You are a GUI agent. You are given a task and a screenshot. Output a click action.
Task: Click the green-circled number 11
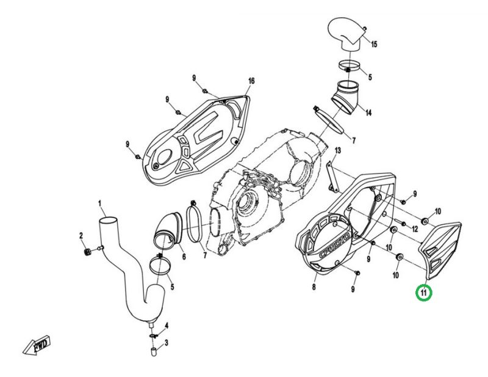point(424,293)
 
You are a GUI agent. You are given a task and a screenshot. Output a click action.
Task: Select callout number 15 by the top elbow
point(374,44)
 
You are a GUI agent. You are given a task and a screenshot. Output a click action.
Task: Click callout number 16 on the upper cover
point(251,81)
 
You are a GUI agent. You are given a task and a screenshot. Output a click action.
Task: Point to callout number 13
point(338,150)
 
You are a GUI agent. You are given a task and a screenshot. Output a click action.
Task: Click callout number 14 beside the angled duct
point(368,112)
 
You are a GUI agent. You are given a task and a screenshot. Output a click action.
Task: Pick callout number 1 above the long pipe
point(100,204)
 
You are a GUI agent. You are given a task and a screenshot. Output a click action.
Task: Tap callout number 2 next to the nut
point(82,236)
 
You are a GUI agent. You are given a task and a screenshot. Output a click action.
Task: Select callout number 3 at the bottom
point(167,343)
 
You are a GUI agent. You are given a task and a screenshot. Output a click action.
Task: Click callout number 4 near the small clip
point(167,326)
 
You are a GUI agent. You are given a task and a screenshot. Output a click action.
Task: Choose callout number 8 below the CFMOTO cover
point(314,287)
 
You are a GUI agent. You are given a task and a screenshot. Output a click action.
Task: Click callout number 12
point(415,229)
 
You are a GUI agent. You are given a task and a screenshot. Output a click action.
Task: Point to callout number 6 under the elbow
point(184,257)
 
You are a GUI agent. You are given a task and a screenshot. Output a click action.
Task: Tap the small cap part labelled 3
point(154,351)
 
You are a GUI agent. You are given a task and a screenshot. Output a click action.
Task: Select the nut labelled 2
point(87,251)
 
